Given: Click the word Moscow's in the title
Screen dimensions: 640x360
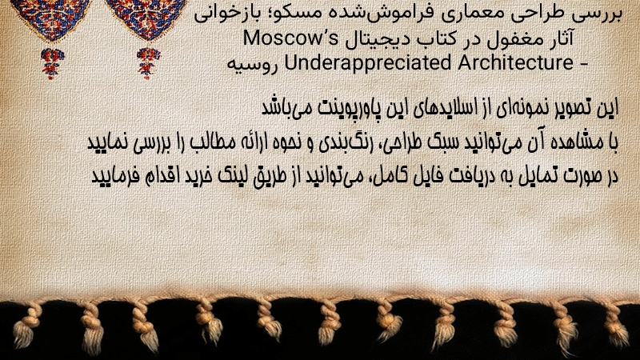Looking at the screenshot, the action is (291, 38).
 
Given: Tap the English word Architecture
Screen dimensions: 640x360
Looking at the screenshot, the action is (516, 62).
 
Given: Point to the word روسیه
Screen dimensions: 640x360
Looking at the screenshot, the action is (253, 65).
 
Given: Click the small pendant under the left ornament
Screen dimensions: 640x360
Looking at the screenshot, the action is (52, 63).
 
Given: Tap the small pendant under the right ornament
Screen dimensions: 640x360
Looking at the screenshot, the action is (149, 63).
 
